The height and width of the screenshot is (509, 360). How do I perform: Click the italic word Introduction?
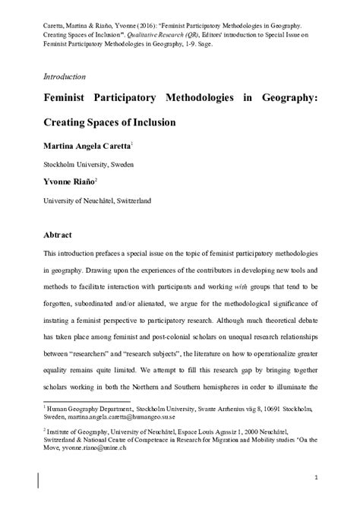[64, 77]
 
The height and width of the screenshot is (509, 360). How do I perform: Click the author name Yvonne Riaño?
[65, 182]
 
